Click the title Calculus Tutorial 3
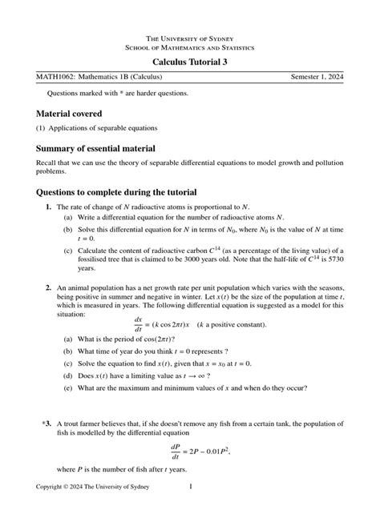point(189,62)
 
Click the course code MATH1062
point(54,78)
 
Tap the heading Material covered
point(69,114)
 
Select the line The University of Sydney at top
point(189,38)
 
